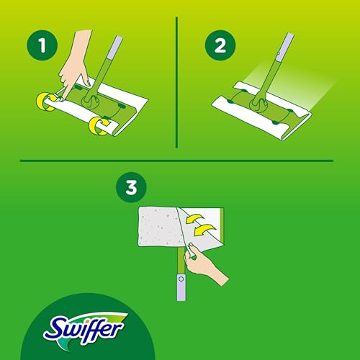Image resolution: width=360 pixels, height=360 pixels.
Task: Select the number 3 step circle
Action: tap(130, 189)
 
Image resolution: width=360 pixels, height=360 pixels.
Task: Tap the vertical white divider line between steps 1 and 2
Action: tap(177, 79)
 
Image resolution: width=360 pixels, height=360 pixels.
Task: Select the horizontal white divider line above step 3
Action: tap(180, 160)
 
